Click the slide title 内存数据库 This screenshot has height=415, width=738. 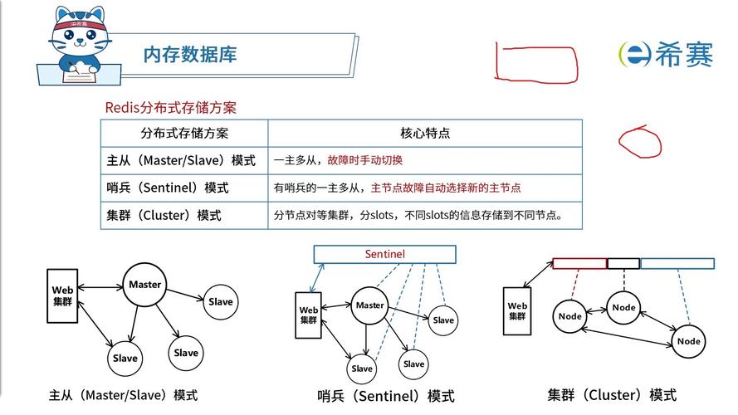click(x=190, y=55)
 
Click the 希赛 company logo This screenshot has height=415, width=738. click(x=666, y=54)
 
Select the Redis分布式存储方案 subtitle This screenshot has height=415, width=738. click(x=170, y=108)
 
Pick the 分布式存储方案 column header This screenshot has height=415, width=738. click(x=184, y=133)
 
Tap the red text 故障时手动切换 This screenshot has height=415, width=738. click(x=364, y=160)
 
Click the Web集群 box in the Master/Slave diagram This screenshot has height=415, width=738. click(x=63, y=295)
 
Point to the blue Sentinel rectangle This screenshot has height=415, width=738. click(x=384, y=253)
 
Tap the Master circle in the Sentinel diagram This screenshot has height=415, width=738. click(x=369, y=305)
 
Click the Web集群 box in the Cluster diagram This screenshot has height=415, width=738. click(x=517, y=311)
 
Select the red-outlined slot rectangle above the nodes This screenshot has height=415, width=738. click(x=579, y=264)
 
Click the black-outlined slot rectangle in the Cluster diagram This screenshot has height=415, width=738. click(x=623, y=264)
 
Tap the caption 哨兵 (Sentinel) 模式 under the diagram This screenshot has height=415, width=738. click(x=386, y=396)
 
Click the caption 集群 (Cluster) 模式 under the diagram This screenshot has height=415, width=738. click(x=612, y=394)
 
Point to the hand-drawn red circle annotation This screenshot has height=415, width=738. click(x=639, y=142)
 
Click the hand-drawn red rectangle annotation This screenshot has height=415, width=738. click(x=535, y=63)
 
